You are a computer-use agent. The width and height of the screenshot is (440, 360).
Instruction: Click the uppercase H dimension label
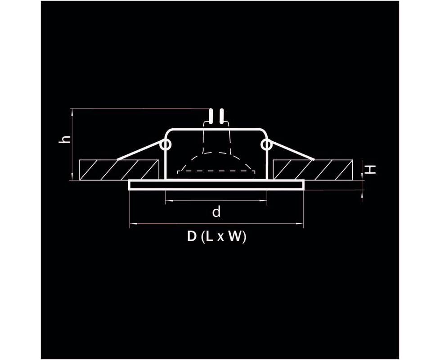[x=371, y=169]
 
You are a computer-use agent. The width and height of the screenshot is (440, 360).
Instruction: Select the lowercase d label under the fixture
[x=216, y=211]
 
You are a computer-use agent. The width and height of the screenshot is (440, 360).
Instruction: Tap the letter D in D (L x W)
[x=192, y=237]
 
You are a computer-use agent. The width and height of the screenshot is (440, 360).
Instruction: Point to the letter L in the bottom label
[x=210, y=237]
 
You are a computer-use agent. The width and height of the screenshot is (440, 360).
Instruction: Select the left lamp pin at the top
[x=210, y=116]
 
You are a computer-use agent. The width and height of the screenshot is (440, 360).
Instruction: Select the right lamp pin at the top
[x=222, y=116]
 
